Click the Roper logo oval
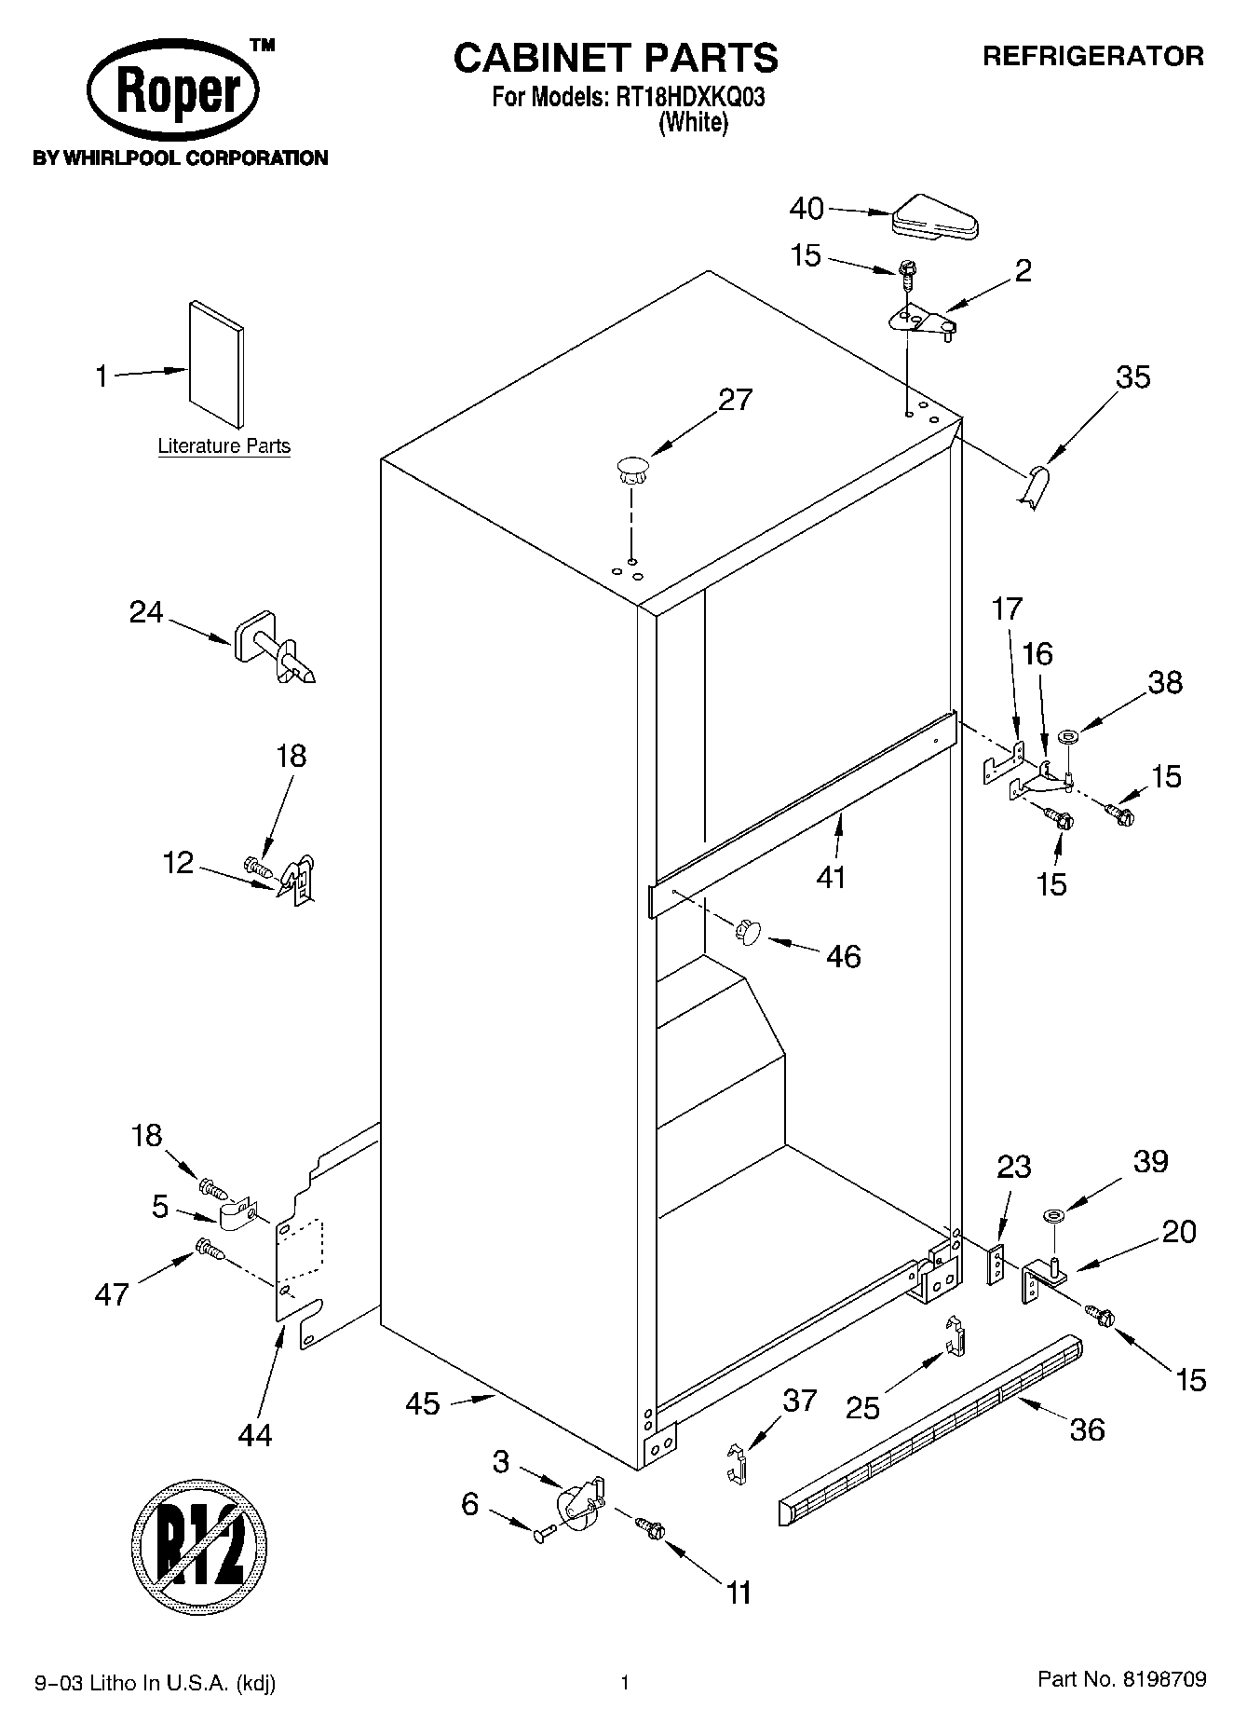click(x=173, y=93)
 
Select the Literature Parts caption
click(x=224, y=446)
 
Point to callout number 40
click(x=806, y=209)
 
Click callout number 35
click(x=1132, y=377)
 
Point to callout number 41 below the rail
click(x=831, y=876)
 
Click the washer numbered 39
click(x=1055, y=1215)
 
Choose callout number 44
click(x=254, y=1434)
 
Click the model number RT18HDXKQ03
click(x=686, y=97)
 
